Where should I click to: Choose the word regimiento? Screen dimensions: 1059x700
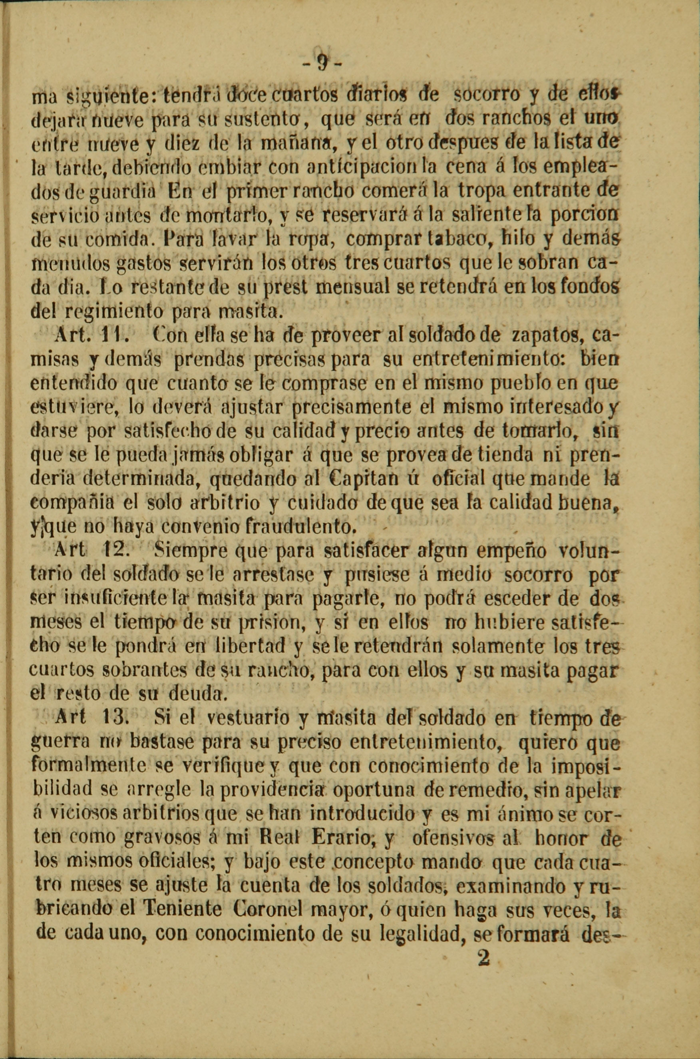point(114,311)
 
